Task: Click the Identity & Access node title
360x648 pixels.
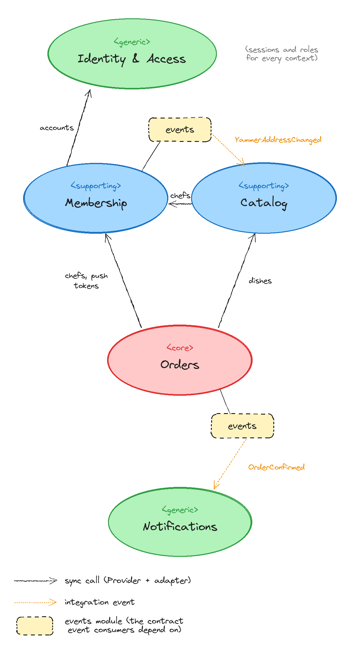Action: tap(132, 59)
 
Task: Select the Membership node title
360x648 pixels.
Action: tap(96, 203)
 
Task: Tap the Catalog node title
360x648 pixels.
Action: tap(264, 203)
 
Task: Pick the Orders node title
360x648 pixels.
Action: tap(180, 364)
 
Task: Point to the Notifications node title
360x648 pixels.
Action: tap(180, 526)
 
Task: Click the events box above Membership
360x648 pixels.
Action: tap(180, 130)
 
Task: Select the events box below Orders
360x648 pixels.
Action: tap(242, 426)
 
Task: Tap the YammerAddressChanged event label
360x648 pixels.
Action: tap(278, 140)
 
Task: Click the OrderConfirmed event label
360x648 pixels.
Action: tap(276, 467)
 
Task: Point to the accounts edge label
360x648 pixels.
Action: tap(57, 128)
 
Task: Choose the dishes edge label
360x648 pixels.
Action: tap(260, 280)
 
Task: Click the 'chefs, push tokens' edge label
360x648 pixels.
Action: tap(86, 280)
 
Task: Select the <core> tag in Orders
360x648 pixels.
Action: tap(180, 348)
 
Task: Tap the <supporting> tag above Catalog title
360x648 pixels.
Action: tap(264, 186)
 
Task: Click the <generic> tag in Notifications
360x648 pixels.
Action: tap(180, 510)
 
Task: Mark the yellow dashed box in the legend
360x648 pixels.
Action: tap(35, 626)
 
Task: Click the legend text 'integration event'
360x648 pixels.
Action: tap(100, 602)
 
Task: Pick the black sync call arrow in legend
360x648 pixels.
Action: tap(35, 581)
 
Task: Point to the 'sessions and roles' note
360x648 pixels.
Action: tap(282, 54)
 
